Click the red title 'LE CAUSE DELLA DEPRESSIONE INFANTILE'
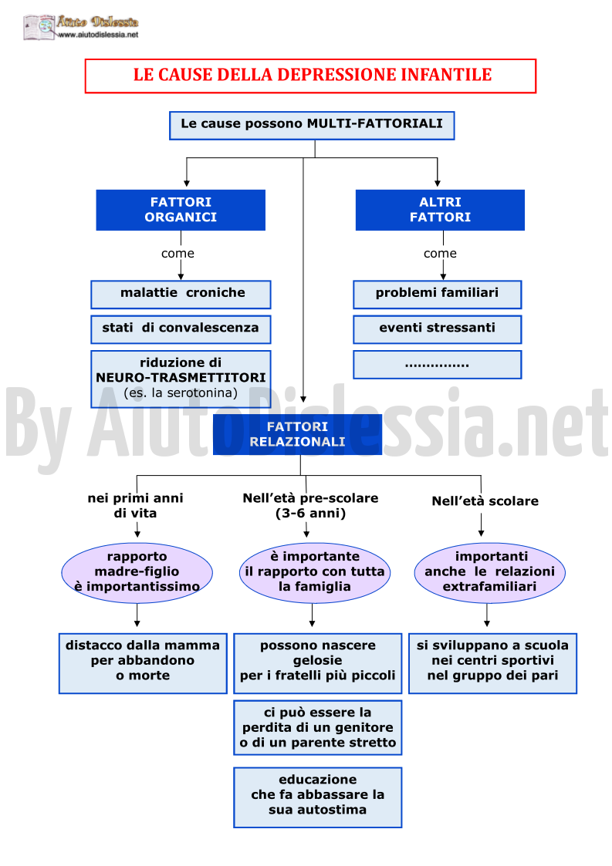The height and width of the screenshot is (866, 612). (x=313, y=75)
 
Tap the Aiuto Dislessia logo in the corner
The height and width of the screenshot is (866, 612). (x=81, y=27)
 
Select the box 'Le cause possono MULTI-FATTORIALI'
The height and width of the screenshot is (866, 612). (x=312, y=126)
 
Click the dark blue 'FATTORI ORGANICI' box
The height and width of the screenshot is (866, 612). (x=181, y=210)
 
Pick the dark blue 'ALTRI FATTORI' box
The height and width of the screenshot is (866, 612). (x=440, y=210)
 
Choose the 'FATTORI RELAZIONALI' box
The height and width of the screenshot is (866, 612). (x=297, y=435)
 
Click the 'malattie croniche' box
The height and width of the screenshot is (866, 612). (x=181, y=295)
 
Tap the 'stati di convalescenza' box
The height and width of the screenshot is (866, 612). (x=181, y=329)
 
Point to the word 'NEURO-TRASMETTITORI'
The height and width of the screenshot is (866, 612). (x=181, y=378)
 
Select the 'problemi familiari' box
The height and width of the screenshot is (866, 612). (x=438, y=295)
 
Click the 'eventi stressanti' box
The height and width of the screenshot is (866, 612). (x=438, y=329)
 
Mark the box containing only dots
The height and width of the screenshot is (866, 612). (x=438, y=365)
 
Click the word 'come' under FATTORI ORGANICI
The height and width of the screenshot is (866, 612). (x=178, y=254)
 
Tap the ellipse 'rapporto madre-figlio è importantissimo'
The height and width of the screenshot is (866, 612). (x=137, y=573)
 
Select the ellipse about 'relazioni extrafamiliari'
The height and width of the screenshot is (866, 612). (x=490, y=573)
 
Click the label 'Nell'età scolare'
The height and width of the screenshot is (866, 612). (x=485, y=501)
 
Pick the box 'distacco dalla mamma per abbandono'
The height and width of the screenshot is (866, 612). (x=144, y=663)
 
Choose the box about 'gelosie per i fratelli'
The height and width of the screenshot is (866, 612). (x=318, y=663)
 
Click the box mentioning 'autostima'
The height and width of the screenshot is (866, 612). (x=318, y=797)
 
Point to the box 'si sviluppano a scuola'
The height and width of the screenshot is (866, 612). (x=492, y=663)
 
